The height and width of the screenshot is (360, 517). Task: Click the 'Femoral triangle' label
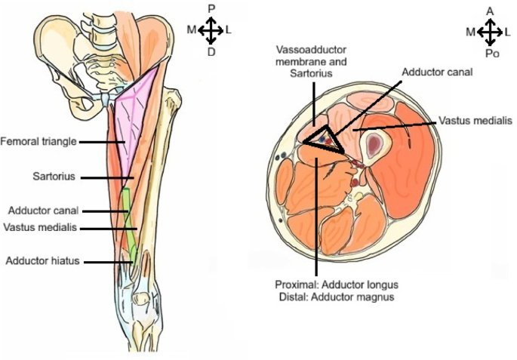point(38,141)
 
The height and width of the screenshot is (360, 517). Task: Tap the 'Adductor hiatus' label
point(42,261)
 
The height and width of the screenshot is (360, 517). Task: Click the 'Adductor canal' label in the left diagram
point(43,211)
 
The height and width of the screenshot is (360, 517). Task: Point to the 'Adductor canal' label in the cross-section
point(437,72)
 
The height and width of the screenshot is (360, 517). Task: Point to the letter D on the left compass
point(212,52)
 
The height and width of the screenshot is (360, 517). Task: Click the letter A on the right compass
point(490,11)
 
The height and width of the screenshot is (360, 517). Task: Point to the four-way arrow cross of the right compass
point(490,32)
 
